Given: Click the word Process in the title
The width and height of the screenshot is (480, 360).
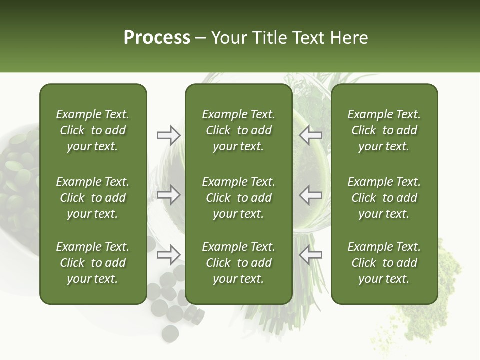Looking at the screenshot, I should tap(157, 38).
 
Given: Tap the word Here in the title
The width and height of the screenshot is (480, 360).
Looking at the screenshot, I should tap(349, 38).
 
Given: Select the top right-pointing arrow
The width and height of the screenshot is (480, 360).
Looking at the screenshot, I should tap(169, 135).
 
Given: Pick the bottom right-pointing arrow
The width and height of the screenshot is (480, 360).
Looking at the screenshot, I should tap(169, 255).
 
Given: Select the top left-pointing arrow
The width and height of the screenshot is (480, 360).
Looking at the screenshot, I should tap(311, 135).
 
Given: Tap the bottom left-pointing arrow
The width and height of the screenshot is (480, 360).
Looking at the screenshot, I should tap(311, 255).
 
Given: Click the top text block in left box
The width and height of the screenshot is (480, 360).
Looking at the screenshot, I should tap(93, 130).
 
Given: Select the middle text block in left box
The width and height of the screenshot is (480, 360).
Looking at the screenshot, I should tap(93, 198).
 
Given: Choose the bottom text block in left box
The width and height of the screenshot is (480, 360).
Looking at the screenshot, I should tap(93, 263).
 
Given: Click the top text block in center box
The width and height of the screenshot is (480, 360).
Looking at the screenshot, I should tap(238, 130).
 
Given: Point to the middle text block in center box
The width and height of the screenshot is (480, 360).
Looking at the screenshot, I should tap(238, 198).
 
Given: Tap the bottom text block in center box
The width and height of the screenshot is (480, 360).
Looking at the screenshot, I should tap(238, 263).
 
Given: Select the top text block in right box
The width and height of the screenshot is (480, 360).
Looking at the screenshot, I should tap(384, 130).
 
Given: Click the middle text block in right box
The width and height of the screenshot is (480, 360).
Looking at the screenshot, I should tap(384, 198).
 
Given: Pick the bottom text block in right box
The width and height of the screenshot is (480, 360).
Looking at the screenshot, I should tap(384, 263).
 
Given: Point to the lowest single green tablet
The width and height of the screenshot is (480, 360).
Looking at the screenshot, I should tap(170, 333).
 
